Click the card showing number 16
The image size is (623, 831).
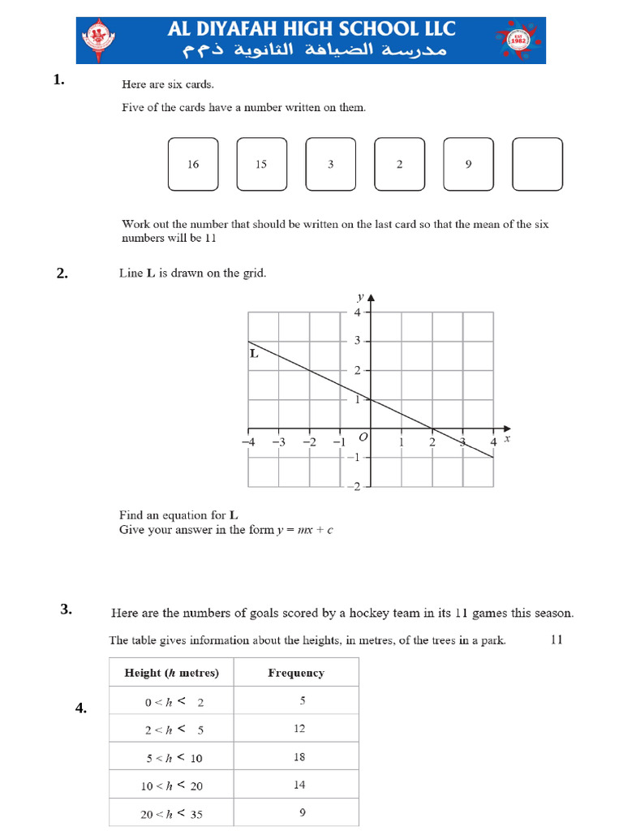[x=193, y=165]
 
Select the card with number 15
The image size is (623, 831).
[x=261, y=165]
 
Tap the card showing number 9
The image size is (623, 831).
[x=468, y=165]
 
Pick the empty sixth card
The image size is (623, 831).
[x=537, y=165]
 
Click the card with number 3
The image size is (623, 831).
[x=330, y=165]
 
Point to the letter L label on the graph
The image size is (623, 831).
[x=254, y=354]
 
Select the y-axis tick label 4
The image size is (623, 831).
[x=356, y=312]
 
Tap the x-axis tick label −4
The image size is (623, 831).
[x=247, y=442]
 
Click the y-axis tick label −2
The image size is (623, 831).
[x=354, y=486]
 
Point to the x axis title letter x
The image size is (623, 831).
[x=507, y=439]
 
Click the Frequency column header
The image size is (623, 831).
[x=296, y=673]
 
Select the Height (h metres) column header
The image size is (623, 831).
[x=171, y=673]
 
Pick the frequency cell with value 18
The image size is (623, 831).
[x=299, y=756]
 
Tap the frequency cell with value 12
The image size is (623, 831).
[x=299, y=729]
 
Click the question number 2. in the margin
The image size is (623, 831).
[x=62, y=273]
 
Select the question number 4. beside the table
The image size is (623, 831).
[x=81, y=708]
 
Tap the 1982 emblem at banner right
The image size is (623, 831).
[x=518, y=41]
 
